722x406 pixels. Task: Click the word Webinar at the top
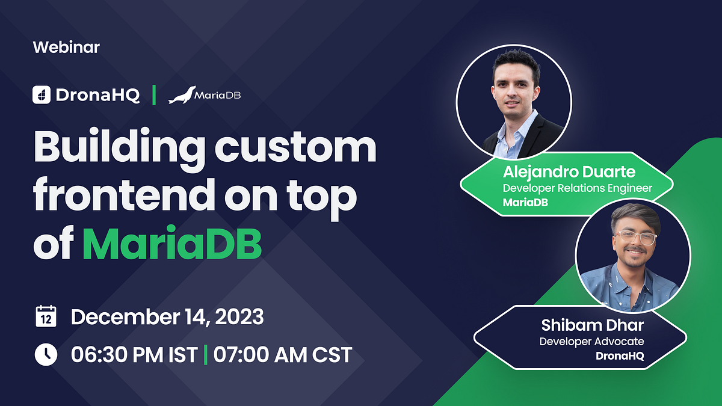pyautogui.click(x=66, y=47)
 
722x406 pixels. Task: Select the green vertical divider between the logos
pyautogui.click(x=154, y=95)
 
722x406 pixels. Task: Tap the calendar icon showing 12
pyautogui.click(x=46, y=317)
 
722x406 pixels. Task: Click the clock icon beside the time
pyautogui.click(x=46, y=354)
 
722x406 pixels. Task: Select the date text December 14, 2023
pyautogui.click(x=167, y=317)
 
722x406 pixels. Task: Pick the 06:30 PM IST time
pyautogui.click(x=134, y=354)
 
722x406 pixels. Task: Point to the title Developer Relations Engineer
pyautogui.click(x=577, y=188)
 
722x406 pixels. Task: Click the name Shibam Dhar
pyautogui.click(x=592, y=325)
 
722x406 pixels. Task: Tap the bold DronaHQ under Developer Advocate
pyautogui.click(x=620, y=355)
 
